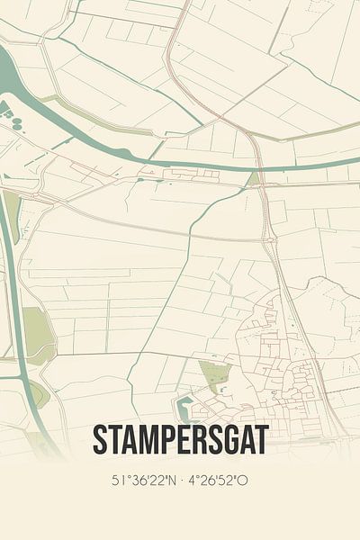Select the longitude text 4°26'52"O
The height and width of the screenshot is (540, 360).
tap(223, 481)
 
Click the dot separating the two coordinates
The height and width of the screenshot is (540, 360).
tap(180, 481)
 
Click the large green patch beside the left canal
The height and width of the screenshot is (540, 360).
tap(36, 328)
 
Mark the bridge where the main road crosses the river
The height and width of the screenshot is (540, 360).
tap(258, 165)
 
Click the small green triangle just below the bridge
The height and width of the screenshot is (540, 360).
tap(255, 178)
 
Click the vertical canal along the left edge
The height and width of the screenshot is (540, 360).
tap(10, 297)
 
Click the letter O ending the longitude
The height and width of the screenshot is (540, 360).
tap(245, 481)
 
